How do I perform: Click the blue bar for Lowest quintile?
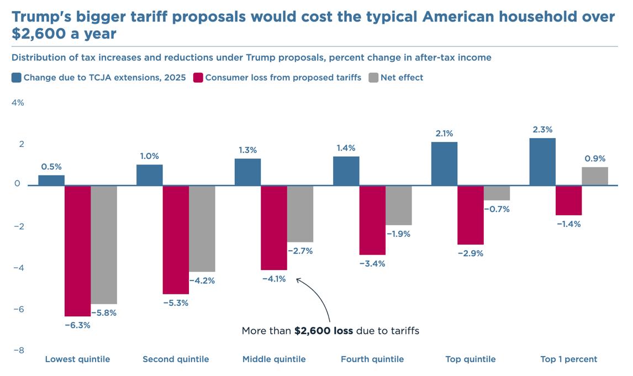tap(51, 180)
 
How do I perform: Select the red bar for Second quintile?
tap(176, 240)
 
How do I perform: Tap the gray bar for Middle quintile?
tap(300, 214)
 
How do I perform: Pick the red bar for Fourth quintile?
tap(372, 220)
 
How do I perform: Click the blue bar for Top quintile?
tap(444, 163)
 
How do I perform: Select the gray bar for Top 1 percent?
tap(595, 176)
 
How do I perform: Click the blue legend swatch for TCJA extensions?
tap(17, 78)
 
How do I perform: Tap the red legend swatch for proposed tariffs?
tap(198, 78)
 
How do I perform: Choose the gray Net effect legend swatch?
tap(373, 78)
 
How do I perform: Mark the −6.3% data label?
tap(77, 325)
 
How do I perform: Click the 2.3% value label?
tap(542, 130)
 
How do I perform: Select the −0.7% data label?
tap(497, 209)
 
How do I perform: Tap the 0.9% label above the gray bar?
tap(595, 159)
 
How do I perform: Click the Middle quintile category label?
tap(274, 359)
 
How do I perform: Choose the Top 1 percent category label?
tap(569, 359)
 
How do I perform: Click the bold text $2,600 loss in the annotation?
tap(324, 331)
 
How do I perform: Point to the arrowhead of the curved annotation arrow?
tap(298, 279)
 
